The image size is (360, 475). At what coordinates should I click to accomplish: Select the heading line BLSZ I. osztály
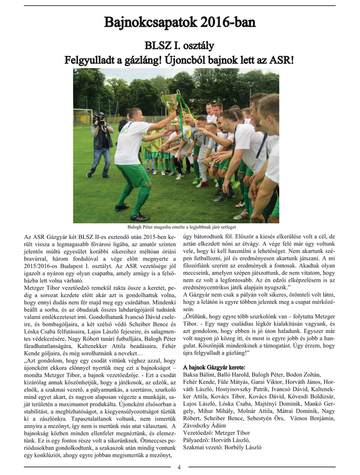point(179,46)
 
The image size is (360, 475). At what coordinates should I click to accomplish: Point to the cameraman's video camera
point(99,118)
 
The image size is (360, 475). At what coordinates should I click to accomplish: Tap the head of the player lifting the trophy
point(135,114)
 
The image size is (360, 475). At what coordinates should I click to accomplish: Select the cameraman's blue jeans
point(100,159)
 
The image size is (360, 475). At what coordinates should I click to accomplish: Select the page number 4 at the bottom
point(179,467)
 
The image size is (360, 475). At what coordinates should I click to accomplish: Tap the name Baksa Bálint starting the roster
point(201,375)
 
